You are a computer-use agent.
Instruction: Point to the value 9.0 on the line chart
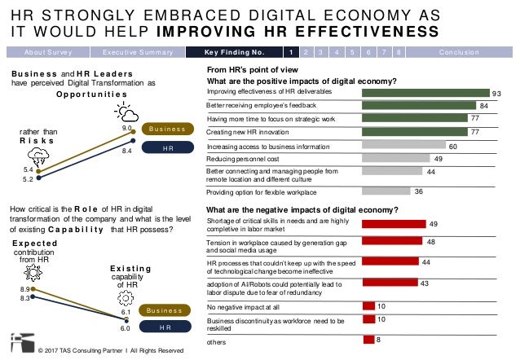tap(127, 128)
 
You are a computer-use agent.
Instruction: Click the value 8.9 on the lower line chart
tap(24, 289)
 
